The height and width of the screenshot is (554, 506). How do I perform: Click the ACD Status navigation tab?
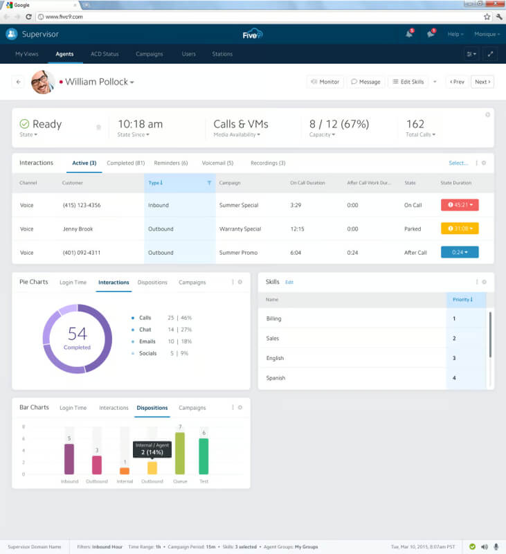point(105,54)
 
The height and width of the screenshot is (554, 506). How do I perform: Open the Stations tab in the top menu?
point(222,54)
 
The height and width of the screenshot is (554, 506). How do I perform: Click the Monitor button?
point(325,82)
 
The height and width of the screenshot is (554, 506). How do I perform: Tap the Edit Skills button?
point(408,82)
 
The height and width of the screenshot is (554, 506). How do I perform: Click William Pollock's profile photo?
point(43,82)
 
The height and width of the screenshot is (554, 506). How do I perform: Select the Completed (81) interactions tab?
point(126,163)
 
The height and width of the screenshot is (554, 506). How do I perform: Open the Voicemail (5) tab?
point(217,163)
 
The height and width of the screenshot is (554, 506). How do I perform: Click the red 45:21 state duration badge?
point(460,205)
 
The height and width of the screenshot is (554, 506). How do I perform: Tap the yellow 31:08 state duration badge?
point(460,229)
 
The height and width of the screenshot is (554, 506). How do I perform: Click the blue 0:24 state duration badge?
point(460,252)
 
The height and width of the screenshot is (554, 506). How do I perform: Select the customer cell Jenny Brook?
point(78,229)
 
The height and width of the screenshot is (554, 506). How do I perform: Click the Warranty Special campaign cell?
point(240,229)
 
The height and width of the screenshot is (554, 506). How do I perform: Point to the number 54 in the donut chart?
point(78,334)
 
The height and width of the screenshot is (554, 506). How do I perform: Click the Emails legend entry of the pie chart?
point(147,341)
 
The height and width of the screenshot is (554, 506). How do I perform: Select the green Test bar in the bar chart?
point(204,456)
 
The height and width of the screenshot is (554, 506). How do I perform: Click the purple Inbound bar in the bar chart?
point(69,459)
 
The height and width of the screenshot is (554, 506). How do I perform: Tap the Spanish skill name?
point(275,378)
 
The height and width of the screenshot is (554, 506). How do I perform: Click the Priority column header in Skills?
point(462,300)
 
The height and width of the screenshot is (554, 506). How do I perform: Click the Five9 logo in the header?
point(253,34)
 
